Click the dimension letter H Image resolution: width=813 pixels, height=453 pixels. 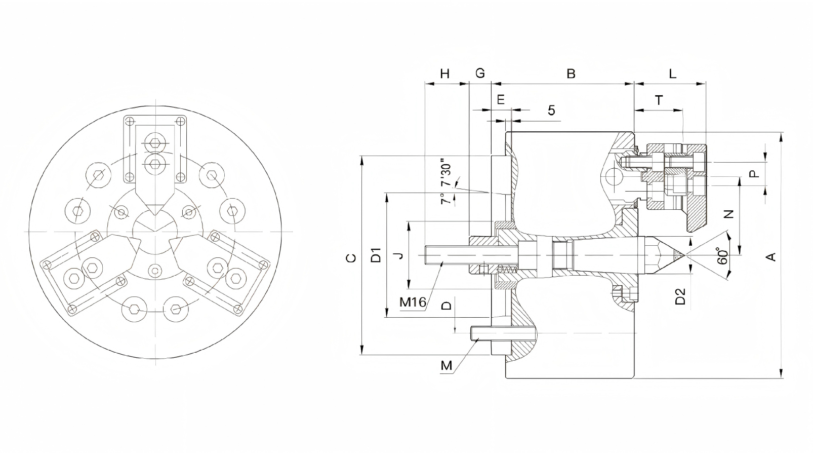(x=445, y=74)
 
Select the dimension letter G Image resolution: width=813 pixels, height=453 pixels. (x=480, y=73)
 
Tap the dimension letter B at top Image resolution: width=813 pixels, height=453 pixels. (x=571, y=74)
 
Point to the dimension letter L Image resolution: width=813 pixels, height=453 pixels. (x=672, y=74)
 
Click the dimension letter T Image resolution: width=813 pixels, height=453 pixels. (x=659, y=100)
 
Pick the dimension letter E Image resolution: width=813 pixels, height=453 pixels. (x=501, y=100)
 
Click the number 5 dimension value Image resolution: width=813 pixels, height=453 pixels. (x=551, y=110)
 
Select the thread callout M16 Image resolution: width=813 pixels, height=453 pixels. (x=413, y=303)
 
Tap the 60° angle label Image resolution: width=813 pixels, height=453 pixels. (x=722, y=255)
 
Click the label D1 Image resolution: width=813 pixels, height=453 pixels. (x=376, y=255)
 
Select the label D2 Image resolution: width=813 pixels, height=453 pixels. (x=681, y=296)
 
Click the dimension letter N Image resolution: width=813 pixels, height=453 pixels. (x=729, y=214)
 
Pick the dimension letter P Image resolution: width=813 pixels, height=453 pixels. (x=754, y=174)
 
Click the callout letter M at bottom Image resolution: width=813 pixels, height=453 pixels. (x=446, y=365)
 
